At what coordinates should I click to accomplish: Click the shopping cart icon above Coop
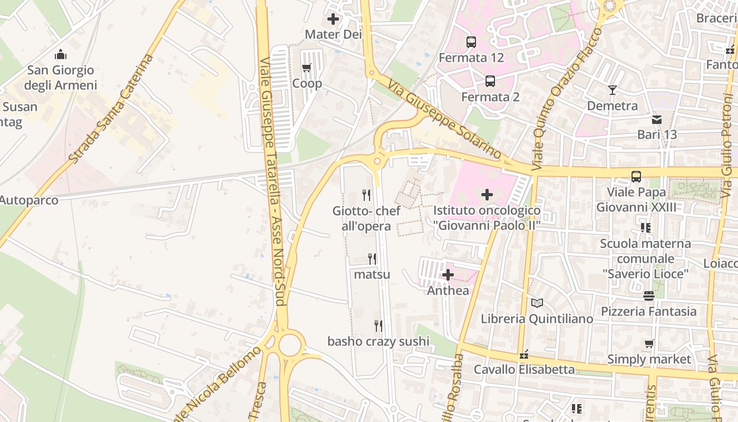pyautogui.click(x=307, y=68)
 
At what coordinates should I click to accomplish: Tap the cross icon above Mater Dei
pyautogui.click(x=333, y=20)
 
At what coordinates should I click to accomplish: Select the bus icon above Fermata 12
pyautogui.click(x=471, y=42)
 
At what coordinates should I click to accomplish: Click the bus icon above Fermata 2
pyautogui.click(x=490, y=81)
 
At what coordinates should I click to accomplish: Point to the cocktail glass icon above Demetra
pyautogui.click(x=612, y=90)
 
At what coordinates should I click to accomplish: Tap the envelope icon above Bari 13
pyautogui.click(x=657, y=119)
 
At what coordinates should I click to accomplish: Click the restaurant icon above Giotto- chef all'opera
pyautogui.click(x=366, y=195)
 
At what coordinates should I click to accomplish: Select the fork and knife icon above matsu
pyautogui.click(x=372, y=258)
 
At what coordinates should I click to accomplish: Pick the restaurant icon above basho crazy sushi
pyautogui.click(x=378, y=325)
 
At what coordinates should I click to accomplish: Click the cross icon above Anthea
pyautogui.click(x=448, y=275)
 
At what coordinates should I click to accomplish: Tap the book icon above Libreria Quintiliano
pyautogui.click(x=537, y=303)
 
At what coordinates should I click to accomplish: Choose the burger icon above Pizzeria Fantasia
pyautogui.click(x=649, y=296)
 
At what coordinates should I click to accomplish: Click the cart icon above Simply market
pyautogui.click(x=649, y=344)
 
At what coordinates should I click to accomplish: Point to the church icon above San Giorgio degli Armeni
pyautogui.click(x=61, y=54)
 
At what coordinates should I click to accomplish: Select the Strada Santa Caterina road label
pyautogui.click(x=111, y=108)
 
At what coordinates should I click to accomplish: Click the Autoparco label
pyautogui.click(x=29, y=200)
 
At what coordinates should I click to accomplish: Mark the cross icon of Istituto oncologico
pyautogui.click(x=487, y=195)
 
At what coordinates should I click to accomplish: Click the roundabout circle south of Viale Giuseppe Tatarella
pyautogui.click(x=289, y=345)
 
